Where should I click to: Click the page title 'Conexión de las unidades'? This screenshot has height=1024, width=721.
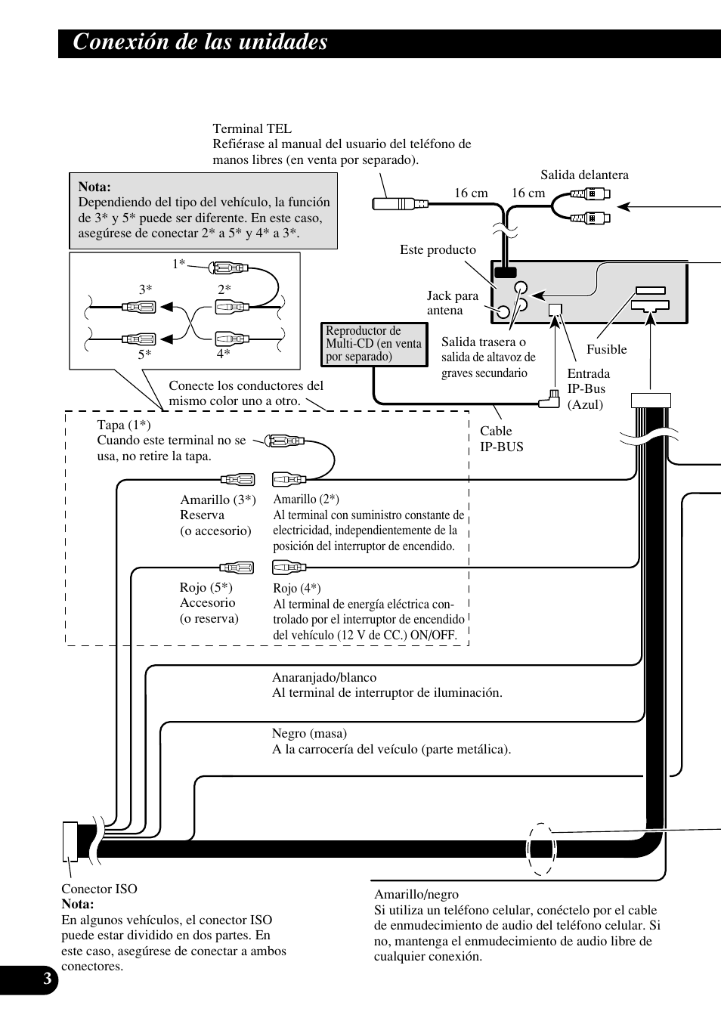(x=200, y=42)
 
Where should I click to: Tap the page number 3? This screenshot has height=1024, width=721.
(x=47, y=980)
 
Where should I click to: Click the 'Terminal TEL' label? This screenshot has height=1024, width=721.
(x=252, y=128)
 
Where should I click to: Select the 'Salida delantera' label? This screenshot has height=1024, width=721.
(x=584, y=175)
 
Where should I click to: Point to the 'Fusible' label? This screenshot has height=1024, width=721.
(x=606, y=349)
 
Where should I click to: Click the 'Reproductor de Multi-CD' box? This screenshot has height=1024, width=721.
(x=373, y=344)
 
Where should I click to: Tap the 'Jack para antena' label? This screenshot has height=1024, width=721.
(x=453, y=303)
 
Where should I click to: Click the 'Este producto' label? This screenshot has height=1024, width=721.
(x=438, y=249)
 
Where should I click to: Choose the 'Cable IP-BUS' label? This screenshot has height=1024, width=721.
(x=501, y=438)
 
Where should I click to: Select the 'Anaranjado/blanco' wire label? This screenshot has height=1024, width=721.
(x=323, y=677)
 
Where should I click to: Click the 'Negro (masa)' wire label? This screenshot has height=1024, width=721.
(x=309, y=733)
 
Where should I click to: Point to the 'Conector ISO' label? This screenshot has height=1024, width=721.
(x=99, y=889)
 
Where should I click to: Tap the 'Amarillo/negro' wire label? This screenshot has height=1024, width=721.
(x=416, y=894)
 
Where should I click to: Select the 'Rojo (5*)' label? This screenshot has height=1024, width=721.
(x=206, y=587)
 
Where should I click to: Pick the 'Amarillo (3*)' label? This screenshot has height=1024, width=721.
(x=218, y=500)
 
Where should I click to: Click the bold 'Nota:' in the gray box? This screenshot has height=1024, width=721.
(x=94, y=187)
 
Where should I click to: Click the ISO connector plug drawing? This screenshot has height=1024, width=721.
(x=70, y=840)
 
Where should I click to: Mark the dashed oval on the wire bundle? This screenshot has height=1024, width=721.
(x=541, y=848)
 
